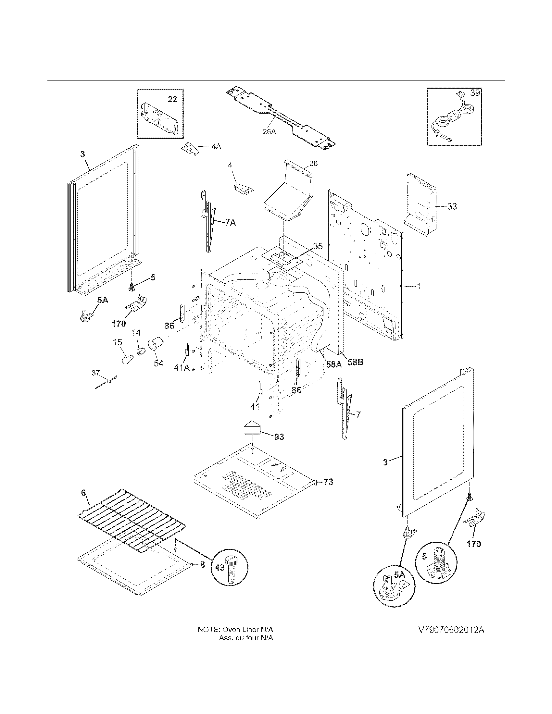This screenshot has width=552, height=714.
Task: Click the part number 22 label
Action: click(172, 99)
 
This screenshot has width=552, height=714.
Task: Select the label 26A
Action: click(270, 132)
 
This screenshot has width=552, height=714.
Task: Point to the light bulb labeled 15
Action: click(126, 360)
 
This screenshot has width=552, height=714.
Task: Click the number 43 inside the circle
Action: click(220, 568)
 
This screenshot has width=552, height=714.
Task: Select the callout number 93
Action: click(279, 437)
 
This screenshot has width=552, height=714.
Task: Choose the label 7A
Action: click(230, 223)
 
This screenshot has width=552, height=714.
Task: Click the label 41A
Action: click(182, 367)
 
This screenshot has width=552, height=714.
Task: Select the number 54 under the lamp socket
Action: click(158, 363)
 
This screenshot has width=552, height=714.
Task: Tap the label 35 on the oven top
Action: click(318, 246)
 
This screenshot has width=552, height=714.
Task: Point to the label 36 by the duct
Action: click(313, 164)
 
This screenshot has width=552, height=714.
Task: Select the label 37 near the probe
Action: click(95, 373)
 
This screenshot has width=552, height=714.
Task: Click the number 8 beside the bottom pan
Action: click(202, 565)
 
